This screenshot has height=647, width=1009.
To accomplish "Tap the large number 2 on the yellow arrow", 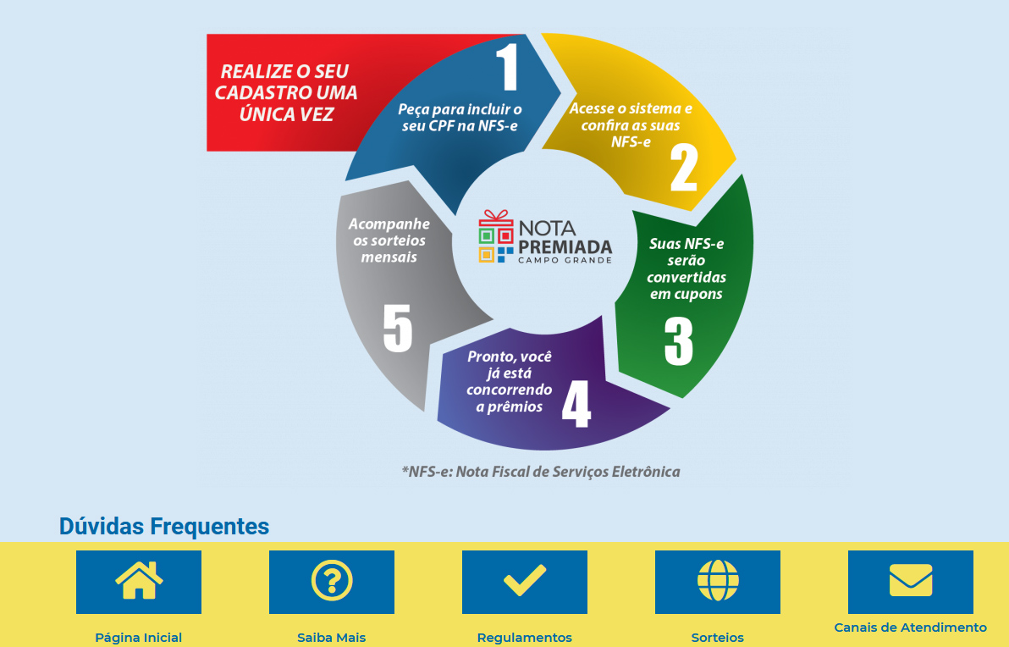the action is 683,168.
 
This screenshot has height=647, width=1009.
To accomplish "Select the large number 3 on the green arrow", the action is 679,341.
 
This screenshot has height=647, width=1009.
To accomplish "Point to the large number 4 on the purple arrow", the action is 576,404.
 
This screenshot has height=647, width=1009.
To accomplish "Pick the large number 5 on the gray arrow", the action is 397,328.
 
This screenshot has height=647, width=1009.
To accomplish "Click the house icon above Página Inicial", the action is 138,580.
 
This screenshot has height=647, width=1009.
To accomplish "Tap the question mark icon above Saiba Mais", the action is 332,581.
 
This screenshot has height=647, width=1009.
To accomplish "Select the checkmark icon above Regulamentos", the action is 525,580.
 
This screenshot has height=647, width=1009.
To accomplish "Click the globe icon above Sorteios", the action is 718,581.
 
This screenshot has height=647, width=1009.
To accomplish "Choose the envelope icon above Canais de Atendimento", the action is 911,580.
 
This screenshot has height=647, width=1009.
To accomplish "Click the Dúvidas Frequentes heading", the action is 164,527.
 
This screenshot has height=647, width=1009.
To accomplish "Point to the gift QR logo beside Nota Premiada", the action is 496,236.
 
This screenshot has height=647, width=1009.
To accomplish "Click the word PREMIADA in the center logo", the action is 565,247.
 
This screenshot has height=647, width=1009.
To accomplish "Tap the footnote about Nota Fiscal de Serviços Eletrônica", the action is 541,472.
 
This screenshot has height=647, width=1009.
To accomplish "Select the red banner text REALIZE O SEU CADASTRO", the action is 286,92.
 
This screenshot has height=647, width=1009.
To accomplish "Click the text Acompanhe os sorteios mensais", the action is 389,241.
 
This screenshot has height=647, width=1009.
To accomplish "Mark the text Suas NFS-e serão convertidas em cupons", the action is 686,268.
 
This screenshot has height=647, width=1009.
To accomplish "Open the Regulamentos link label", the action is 525,638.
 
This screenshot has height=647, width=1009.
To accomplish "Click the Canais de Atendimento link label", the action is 911,627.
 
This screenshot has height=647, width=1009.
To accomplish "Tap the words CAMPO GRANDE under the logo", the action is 565,260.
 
